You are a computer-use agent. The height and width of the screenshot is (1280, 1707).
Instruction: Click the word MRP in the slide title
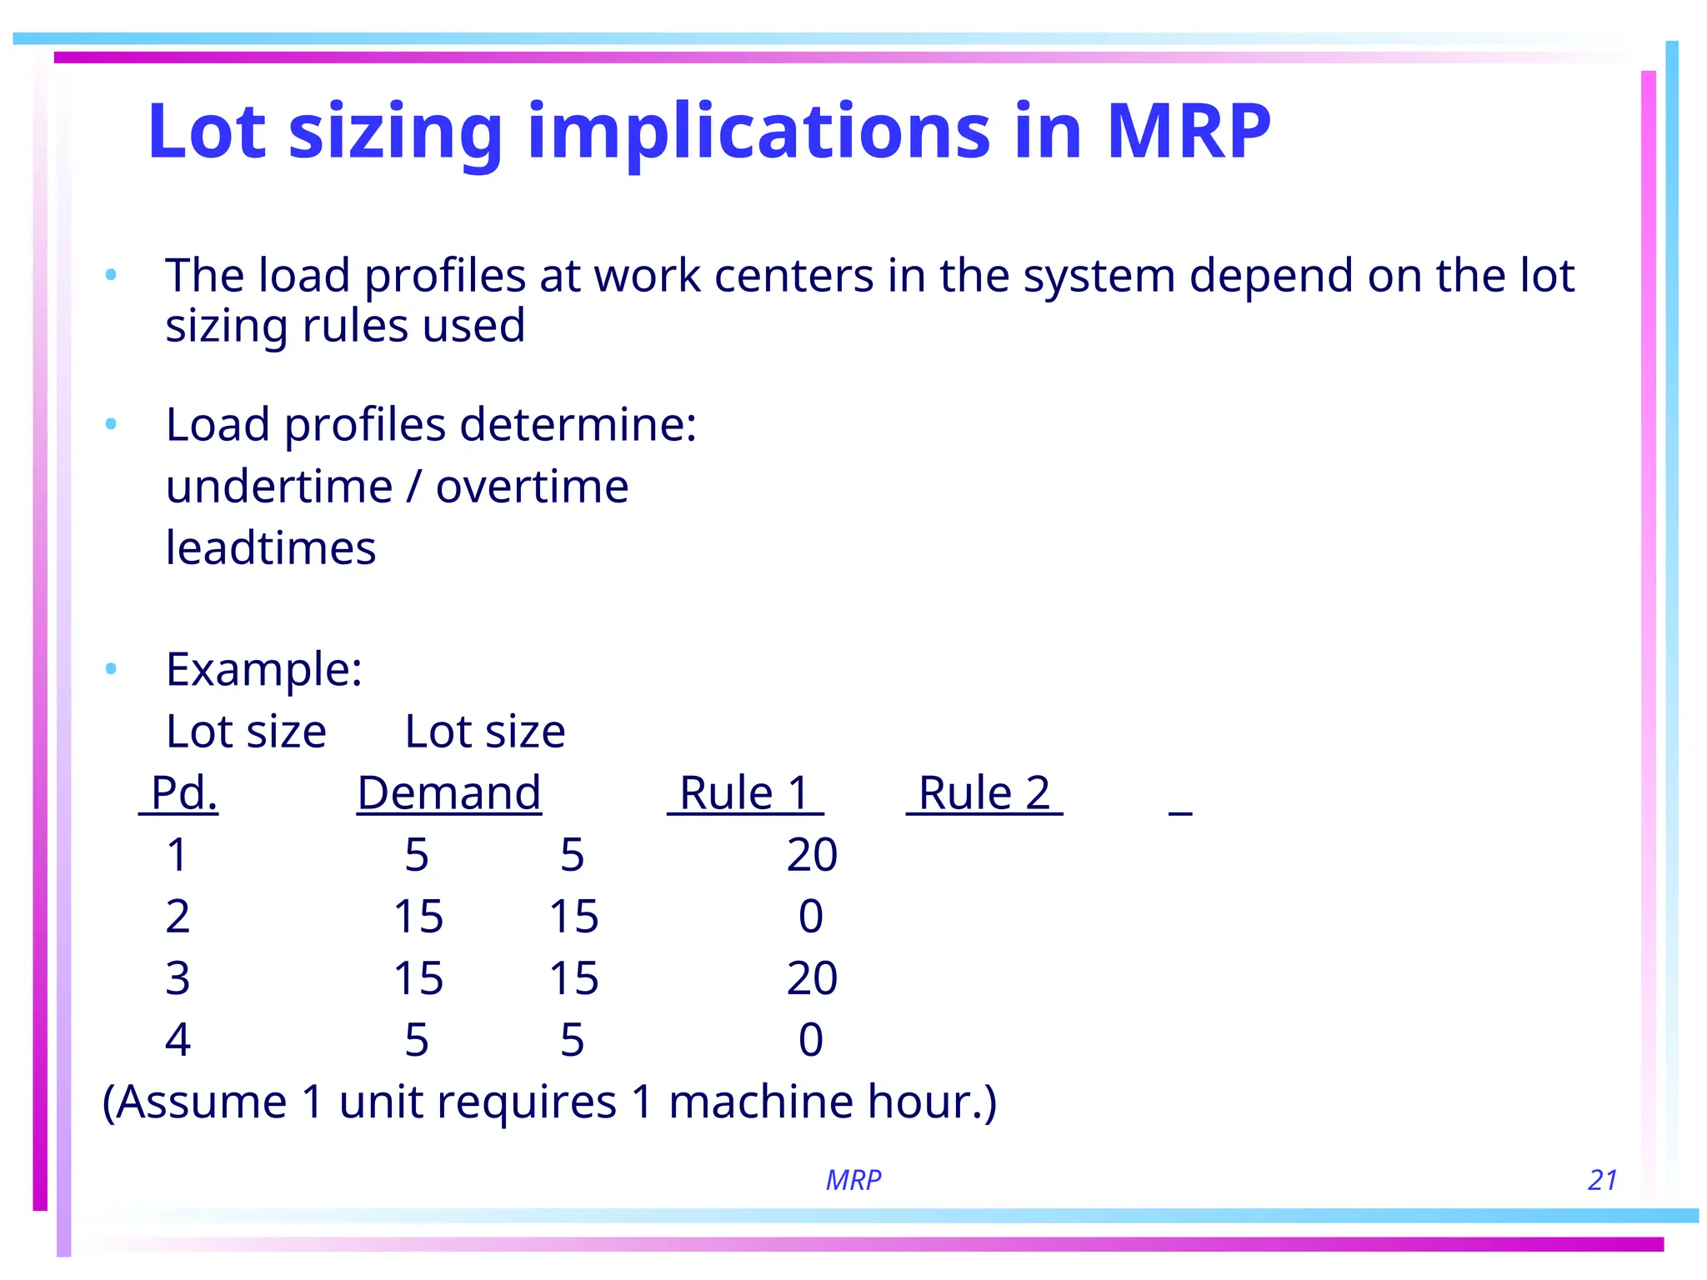pyautogui.click(x=1188, y=131)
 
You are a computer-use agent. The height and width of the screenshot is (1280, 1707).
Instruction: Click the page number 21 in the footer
pyautogui.click(x=1602, y=1180)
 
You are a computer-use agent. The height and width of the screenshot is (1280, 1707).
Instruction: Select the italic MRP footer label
pyautogui.click(x=853, y=1180)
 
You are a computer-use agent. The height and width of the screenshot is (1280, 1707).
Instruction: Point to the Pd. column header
pyautogui.click(x=183, y=792)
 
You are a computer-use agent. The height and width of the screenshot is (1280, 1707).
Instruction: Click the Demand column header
pyautogui.click(x=449, y=792)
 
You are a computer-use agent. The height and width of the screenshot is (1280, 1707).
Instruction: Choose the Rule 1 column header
pyautogui.click(x=744, y=792)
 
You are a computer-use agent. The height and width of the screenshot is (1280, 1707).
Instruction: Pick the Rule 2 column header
pyautogui.click(x=984, y=792)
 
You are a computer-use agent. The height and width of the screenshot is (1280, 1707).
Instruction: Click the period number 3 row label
pyautogui.click(x=178, y=978)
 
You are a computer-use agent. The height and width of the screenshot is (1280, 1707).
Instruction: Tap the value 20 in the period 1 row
pyautogui.click(x=812, y=855)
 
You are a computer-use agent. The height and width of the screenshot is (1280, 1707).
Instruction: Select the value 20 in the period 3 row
pyautogui.click(x=812, y=978)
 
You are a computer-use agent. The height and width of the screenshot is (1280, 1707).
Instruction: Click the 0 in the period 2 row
pyautogui.click(x=811, y=917)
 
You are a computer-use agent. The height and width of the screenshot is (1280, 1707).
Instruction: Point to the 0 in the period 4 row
pyautogui.click(x=811, y=1040)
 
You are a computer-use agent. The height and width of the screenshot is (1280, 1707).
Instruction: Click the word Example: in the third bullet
pyautogui.click(x=264, y=669)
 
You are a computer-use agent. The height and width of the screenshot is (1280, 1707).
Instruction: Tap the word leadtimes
pyautogui.click(x=271, y=548)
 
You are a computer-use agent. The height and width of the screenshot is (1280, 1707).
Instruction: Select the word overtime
pyautogui.click(x=532, y=487)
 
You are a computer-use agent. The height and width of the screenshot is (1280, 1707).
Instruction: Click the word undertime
pyautogui.click(x=279, y=487)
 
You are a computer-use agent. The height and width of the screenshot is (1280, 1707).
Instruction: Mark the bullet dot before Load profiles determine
pyautogui.click(x=111, y=425)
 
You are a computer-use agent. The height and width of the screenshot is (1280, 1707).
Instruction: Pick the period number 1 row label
pyautogui.click(x=177, y=855)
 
